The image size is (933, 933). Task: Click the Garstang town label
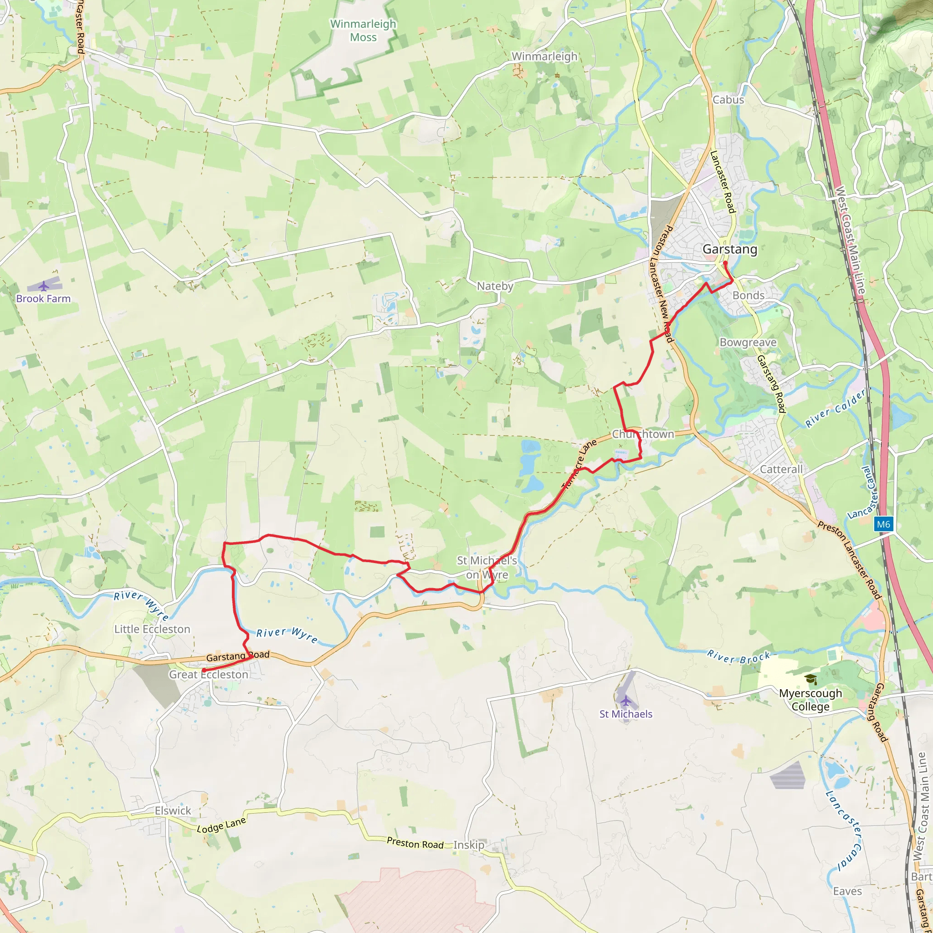(730, 249)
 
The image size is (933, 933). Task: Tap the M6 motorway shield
(883, 524)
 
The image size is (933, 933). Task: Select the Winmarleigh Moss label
(363, 31)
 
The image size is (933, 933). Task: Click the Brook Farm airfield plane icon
(44, 287)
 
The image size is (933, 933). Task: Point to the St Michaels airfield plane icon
(626, 700)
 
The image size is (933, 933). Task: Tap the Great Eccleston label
(209, 675)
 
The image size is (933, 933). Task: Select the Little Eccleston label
(152, 629)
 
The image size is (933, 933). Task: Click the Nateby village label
(495, 286)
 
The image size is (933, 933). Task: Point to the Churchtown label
(643, 434)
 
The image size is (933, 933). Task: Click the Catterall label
(781, 469)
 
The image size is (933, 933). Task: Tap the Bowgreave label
(748, 343)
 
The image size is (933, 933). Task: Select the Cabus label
(728, 99)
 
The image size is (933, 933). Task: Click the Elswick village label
(173, 811)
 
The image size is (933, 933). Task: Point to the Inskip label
(468, 845)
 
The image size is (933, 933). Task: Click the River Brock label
(738, 657)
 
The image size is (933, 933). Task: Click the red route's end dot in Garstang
(725, 263)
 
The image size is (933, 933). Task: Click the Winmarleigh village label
(544, 56)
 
